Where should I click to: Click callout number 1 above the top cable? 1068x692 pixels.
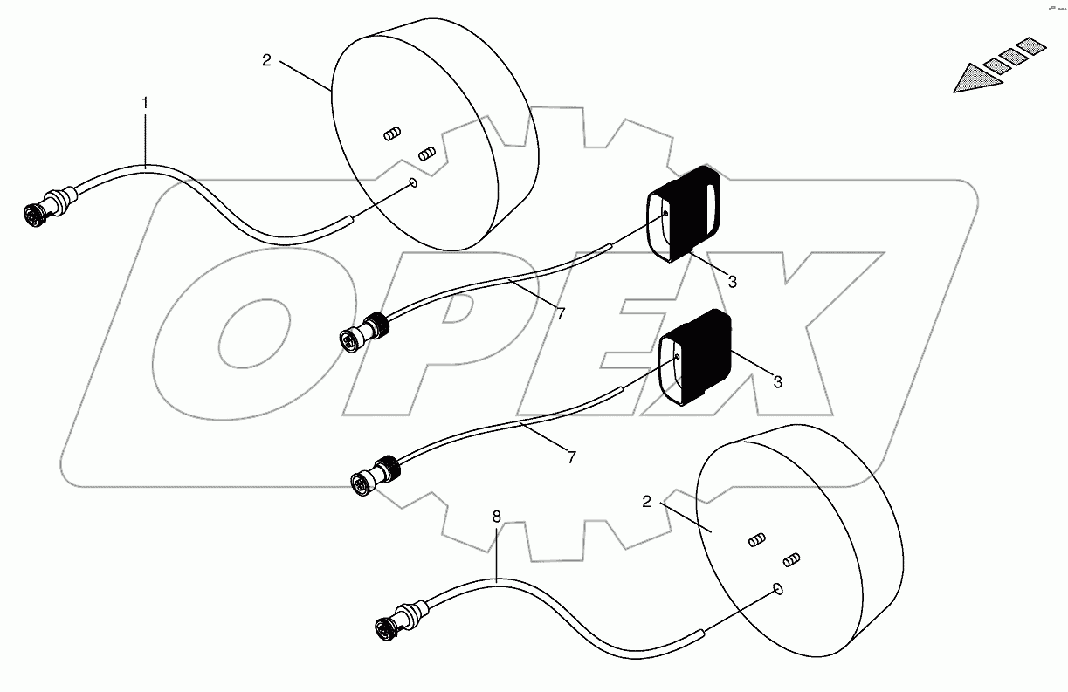tap(145, 103)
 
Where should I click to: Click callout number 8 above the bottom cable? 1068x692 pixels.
tap(496, 517)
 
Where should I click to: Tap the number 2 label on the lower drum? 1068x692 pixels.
tap(646, 502)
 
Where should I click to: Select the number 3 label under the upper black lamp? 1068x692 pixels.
tap(732, 282)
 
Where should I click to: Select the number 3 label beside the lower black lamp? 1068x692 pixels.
tap(777, 381)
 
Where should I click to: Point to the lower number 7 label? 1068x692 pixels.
tap(571, 457)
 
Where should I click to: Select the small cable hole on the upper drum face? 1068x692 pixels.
tap(413, 183)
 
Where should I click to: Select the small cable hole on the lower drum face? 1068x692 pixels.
tap(778, 590)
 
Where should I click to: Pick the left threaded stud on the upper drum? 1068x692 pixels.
tap(392, 134)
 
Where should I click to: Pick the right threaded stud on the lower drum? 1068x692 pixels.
tap(791, 558)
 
